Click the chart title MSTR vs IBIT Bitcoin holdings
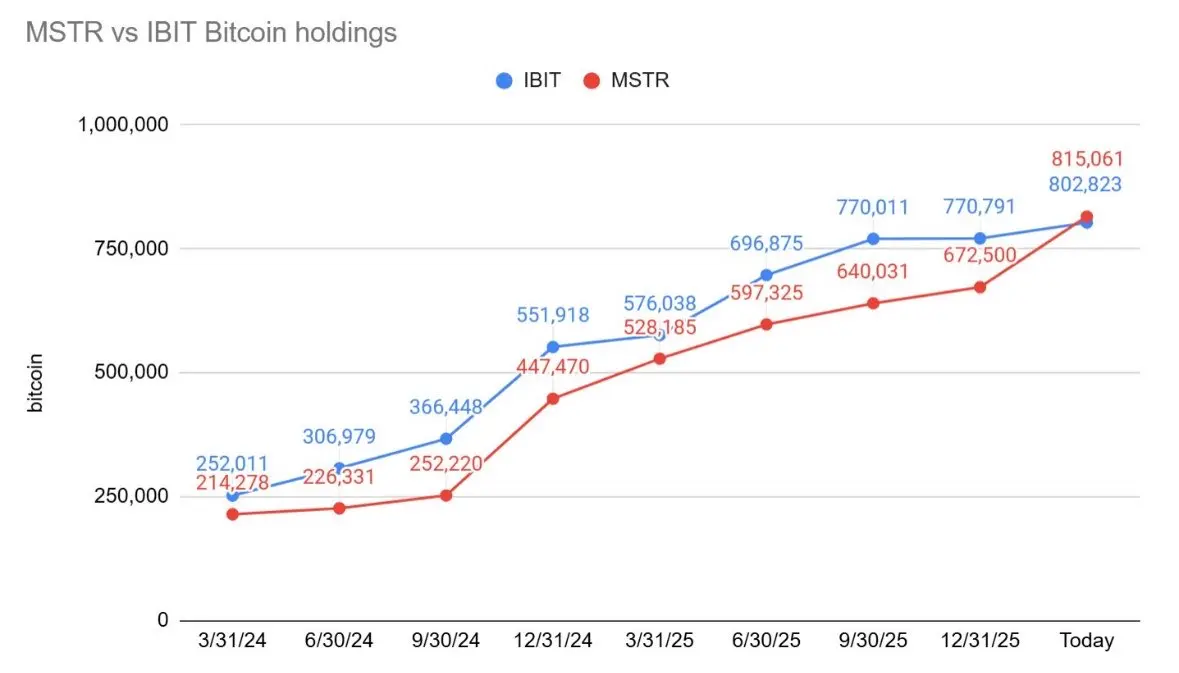tap(210, 33)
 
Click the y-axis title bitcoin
tap(37, 381)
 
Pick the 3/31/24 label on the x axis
tap(232, 641)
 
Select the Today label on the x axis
tap(1086, 641)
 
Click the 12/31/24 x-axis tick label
tap(552, 641)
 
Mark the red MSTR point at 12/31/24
tap(553, 398)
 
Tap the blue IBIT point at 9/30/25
tap(873, 239)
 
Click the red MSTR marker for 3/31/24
tap(233, 514)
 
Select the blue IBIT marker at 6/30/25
tap(766, 275)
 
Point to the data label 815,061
tap(1087, 158)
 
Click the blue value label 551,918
tap(553, 315)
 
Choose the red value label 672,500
tap(979, 255)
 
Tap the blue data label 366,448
tap(446, 407)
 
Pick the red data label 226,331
tap(338, 477)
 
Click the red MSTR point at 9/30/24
tap(446, 495)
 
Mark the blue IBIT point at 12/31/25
tap(980, 238)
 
